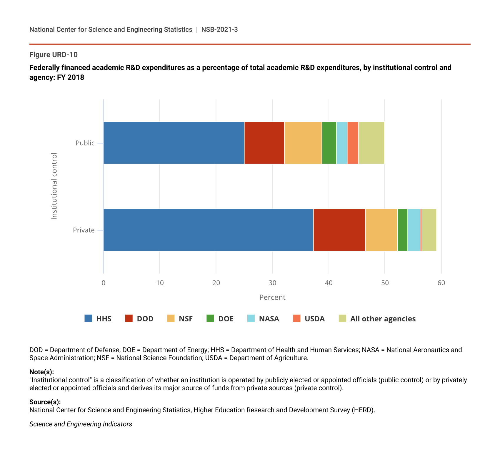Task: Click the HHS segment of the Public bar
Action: [174, 143]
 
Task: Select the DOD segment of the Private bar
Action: [339, 230]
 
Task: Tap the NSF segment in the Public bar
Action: [303, 143]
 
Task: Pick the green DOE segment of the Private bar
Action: [402, 230]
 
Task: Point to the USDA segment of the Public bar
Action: [353, 143]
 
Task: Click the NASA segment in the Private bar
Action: [414, 230]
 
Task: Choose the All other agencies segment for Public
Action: [371, 143]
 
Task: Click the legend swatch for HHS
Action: [88, 318]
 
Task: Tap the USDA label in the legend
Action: [314, 319]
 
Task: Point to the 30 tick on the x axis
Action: [272, 283]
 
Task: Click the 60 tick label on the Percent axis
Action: [441, 283]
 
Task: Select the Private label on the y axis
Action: [84, 230]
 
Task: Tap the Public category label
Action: [85, 143]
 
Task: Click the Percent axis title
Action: [272, 298]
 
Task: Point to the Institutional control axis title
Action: [54, 186]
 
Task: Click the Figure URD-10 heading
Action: [54, 55]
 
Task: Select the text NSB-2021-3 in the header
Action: [219, 29]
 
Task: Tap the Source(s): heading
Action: [45, 402]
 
